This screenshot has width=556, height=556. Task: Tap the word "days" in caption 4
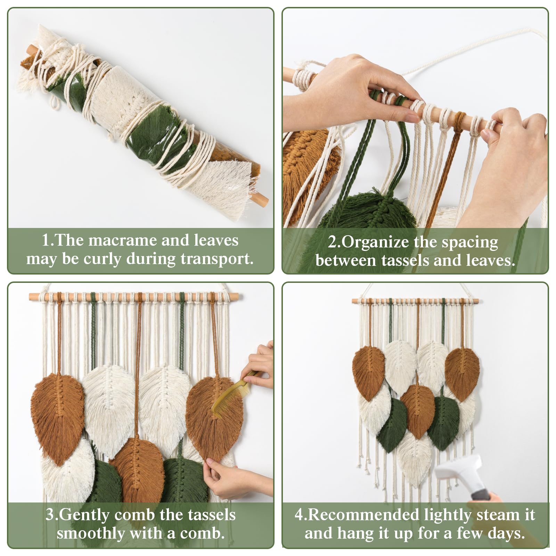[x=506, y=533]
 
